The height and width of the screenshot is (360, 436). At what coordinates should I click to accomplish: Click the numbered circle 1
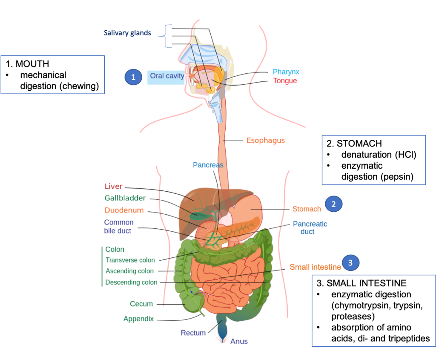tap(133, 77)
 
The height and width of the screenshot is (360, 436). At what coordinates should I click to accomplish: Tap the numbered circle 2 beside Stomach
tap(333, 204)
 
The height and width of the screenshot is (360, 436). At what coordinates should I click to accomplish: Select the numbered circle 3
tap(350, 263)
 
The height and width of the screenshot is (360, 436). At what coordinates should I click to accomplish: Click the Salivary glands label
tap(127, 33)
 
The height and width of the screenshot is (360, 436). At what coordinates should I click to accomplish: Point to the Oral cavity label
tap(167, 76)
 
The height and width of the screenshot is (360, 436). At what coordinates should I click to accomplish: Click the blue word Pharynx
tap(286, 72)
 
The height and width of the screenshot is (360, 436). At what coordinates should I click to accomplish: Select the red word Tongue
tap(285, 81)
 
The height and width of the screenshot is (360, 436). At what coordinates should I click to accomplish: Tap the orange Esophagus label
tap(266, 140)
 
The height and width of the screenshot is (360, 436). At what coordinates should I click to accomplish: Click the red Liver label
tap(114, 186)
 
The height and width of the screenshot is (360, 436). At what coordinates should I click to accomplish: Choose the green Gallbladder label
tap(125, 198)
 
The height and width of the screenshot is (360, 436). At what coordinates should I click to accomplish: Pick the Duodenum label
tap(124, 210)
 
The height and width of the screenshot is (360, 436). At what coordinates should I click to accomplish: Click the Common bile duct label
tap(118, 227)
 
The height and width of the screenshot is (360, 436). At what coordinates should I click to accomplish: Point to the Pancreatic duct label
tap(310, 228)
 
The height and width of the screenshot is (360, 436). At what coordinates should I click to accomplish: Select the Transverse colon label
tap(130, 260)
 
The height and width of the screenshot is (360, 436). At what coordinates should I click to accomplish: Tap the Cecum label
tap(141, 304)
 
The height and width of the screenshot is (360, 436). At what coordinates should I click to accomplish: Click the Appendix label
tap(138, 319)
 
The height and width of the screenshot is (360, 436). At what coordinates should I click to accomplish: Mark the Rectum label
tap(193, 333)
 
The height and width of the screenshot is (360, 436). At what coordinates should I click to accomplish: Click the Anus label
tap(239, 341)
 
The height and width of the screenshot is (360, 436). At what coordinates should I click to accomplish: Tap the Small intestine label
tap(315, 267)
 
